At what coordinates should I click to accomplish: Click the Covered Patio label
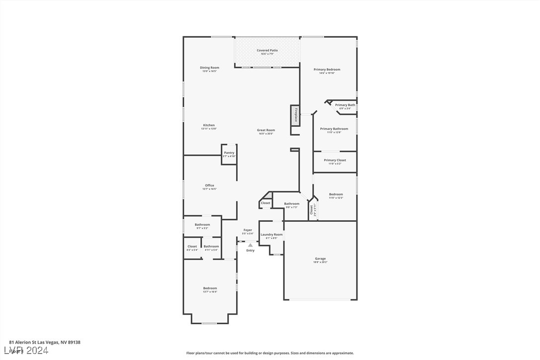tap(267, 51)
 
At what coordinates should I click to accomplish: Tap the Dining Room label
tap(209, 68)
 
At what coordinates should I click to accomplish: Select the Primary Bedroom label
tap(327, 70)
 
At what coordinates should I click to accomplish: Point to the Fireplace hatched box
tap(295, 115)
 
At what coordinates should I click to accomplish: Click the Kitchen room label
tap(209, 125)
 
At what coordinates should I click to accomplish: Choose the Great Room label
tap(266, 130)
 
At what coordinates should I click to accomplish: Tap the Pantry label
tap(229, 153)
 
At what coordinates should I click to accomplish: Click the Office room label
tap(209, 186)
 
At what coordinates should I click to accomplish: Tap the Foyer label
tap(248, 230)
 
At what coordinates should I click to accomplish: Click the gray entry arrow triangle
tap(250, 245)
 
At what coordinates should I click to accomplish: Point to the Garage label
tap(320, 259)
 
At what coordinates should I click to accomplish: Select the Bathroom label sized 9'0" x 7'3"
tap(291, 204)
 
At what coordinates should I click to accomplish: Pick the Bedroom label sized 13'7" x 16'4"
tap(210, 288)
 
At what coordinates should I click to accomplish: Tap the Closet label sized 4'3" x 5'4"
tap(192, 247)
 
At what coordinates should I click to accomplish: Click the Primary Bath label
tap(345, 105)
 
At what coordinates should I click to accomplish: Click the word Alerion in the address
tap(23, 342)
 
